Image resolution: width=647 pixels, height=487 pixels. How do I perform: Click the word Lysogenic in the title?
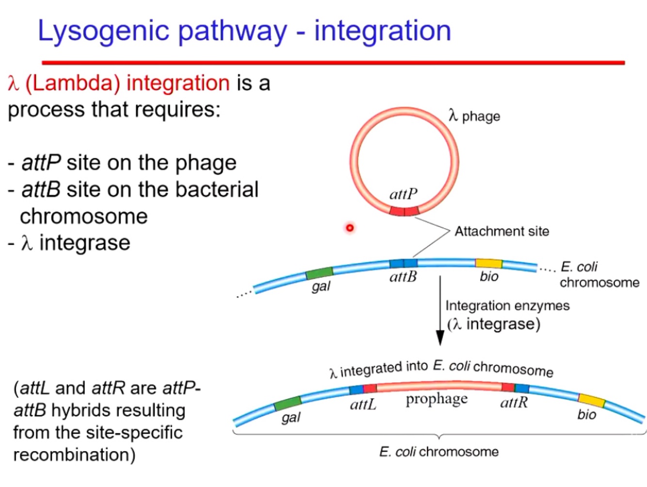pyautogui.click(x=103, y=31)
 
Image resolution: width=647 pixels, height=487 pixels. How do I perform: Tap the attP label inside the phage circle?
pyautogui.click(x=403, y=194)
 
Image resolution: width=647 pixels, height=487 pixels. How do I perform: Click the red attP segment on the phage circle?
pyautogui.click(x=404, y=211)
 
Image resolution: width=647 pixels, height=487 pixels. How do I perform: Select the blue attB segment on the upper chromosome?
pyautogui.click(x=404, y=263)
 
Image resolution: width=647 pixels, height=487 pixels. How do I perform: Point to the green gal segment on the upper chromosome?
pyautogui.click(x=319, y=273)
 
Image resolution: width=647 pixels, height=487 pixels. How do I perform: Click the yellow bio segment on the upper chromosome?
pyautogui.click(x=488, y=263)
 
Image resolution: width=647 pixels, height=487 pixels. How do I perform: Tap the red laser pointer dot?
pyautogui.click(x=350, y=227)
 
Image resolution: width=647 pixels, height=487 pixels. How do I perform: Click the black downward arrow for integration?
pyautogui.click(x=440, y=310)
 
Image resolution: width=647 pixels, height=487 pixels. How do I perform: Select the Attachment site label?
pyautogui.click(x=501, y=231)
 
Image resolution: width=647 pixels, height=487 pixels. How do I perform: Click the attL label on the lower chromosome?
pyautogui.click(x=363, y=404)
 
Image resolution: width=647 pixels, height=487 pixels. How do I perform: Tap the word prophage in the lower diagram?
pyautogui.click(x=437, y=399)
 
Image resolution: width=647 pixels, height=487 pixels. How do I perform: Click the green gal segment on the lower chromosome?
pyautogui.click(x=288, y=403)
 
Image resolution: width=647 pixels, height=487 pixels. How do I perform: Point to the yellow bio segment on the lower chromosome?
pyautogui.click(x=591, y=400)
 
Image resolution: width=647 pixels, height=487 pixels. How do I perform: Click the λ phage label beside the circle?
pyautogui.click(x=474, y=116)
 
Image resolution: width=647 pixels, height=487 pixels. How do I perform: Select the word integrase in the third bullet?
pyautogui.click(x=84, y=243)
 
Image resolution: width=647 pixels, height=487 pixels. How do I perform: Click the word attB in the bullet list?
pyautogui.click(x=41, y=189)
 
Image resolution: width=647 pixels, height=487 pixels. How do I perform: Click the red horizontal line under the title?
pyautogui.click(x=333, y=63)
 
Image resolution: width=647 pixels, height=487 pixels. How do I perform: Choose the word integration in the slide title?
pyautogui.click(x=383, y=31)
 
